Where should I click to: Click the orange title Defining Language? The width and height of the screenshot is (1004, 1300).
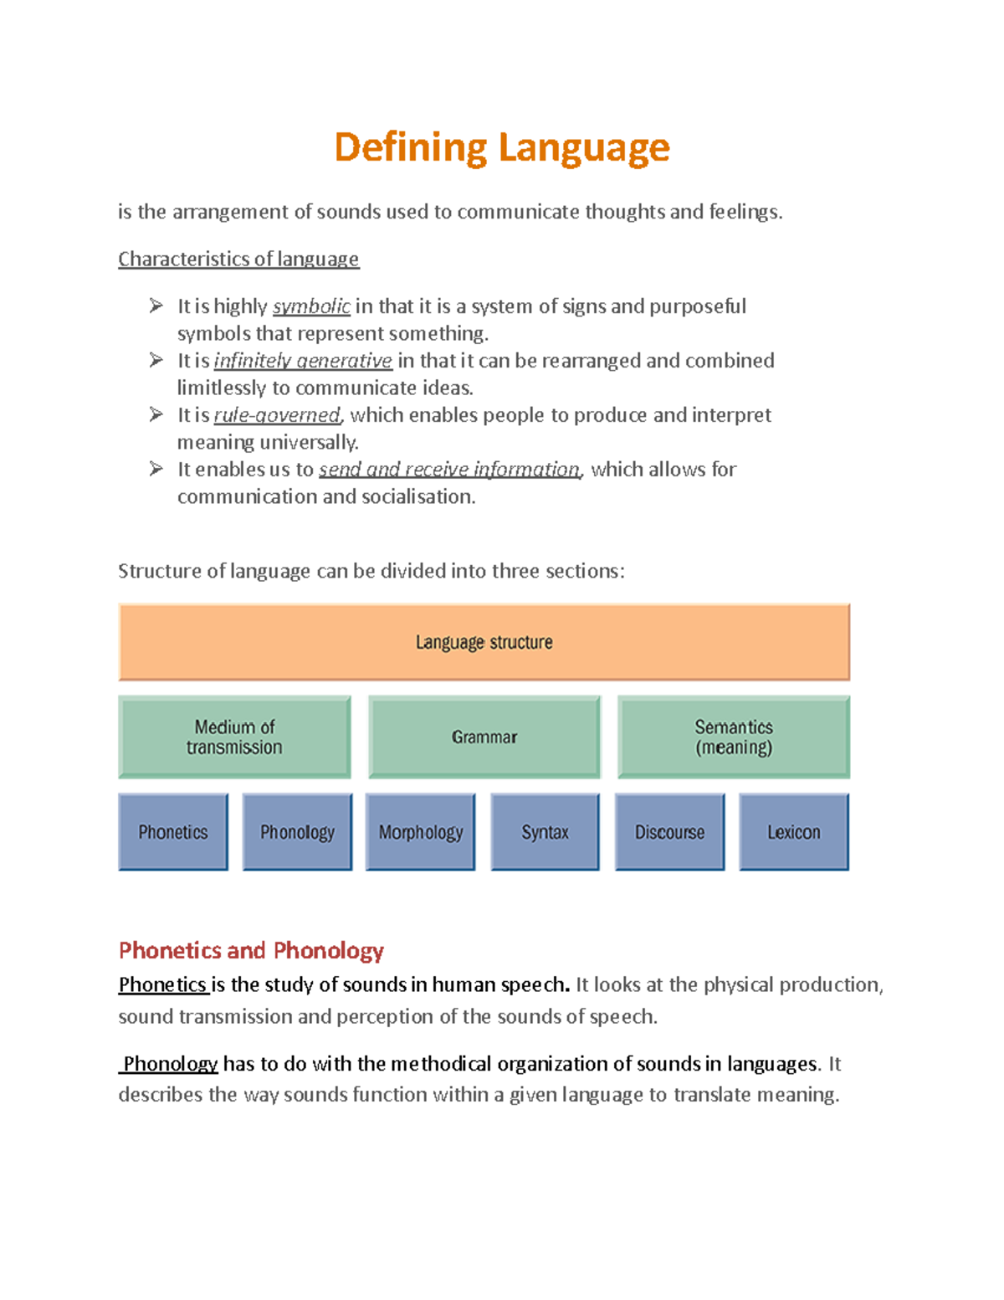pos(502,148)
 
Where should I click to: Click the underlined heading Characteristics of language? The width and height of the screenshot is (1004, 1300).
pos(238,259)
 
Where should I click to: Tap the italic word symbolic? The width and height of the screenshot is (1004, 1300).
pos(311,307)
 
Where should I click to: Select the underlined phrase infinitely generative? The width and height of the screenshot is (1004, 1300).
pos(303,361)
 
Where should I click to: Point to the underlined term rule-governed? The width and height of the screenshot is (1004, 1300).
pos(277,415)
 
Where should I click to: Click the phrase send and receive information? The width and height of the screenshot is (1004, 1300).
pos(449,470)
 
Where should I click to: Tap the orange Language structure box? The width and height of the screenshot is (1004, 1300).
pos(484,642)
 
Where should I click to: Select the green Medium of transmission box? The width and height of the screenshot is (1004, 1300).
pos(234,737)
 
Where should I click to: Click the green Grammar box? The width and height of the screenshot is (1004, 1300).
pos(484,737)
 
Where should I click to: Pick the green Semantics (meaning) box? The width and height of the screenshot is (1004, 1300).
pos(733,737)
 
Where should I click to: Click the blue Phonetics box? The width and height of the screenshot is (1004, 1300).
pos(173,832)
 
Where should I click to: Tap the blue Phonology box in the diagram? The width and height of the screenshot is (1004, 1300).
pos(297,832)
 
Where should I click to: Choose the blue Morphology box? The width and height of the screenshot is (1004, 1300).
pos(420,832)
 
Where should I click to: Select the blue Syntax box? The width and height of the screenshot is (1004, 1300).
pos(545,832)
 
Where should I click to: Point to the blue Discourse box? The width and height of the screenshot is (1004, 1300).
pos(669,832)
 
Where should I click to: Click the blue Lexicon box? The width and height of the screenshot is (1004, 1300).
pos(793,832)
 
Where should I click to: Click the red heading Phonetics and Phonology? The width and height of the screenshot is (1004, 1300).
pos(251,951)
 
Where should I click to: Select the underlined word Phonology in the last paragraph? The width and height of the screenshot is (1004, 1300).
pos(170,1064)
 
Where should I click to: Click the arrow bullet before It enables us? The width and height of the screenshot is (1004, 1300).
pos(156,469)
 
